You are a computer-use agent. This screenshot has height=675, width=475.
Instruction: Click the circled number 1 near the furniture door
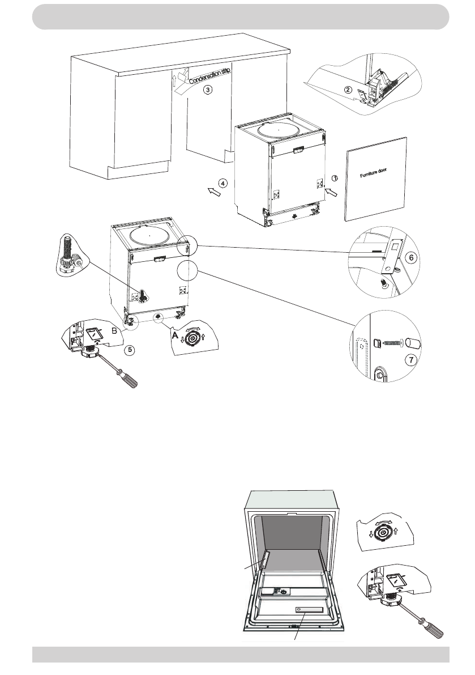tap(334, 178)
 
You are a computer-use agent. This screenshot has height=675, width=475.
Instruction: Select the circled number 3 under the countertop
tap(208, 90)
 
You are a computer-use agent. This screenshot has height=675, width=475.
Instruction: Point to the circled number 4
tap(224, 184)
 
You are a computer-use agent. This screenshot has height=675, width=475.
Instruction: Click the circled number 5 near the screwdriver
tap(131, 350)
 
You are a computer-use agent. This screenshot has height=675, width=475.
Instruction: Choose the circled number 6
tap(412, 257)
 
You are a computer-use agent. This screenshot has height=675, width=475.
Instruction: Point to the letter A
tap(176, 336)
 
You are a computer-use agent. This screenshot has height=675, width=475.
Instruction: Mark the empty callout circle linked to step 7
tap(185, 272)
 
